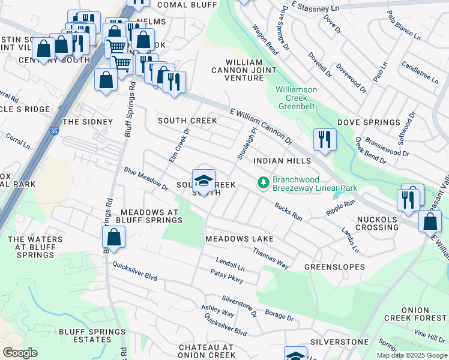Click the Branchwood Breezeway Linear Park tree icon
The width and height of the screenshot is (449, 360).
pos(262,182)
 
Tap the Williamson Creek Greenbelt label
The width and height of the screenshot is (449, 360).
pos(296,98)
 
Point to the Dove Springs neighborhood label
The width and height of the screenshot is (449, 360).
pos(368,122)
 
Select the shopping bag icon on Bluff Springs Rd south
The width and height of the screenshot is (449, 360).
pos(113,237)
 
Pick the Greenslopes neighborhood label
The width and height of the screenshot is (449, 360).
pos(334,266)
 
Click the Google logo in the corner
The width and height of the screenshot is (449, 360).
pos(20,353)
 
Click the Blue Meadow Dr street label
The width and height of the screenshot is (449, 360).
pos(146,178)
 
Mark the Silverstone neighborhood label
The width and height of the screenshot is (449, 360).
pos(339,342)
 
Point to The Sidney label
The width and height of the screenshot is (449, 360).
pos(88,122)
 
